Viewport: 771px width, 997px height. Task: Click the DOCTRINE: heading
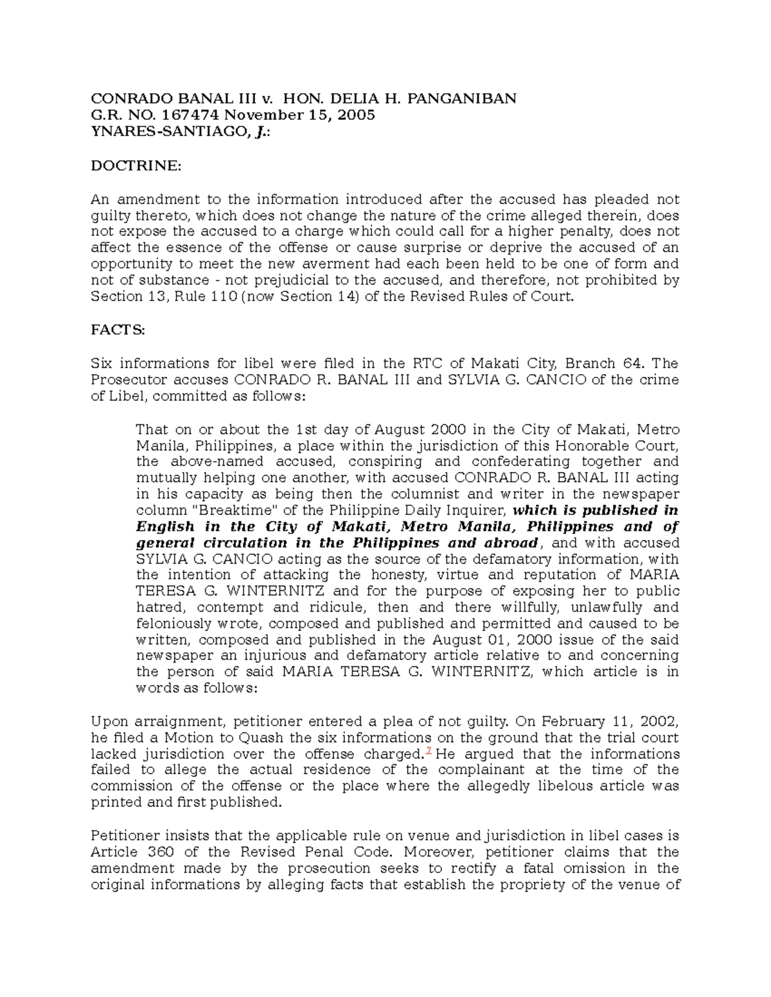(136, 166)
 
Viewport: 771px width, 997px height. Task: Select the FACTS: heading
(118, 330)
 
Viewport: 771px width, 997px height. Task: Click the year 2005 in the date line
(351, 116)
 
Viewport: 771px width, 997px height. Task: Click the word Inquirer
(472, 511)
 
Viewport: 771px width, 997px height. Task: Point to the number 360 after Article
(161, 852)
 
